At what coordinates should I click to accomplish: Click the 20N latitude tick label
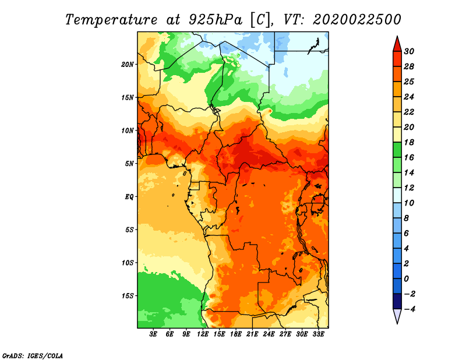click(x=127, y=65)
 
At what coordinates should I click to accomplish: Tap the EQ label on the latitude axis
click(x=129, y=197)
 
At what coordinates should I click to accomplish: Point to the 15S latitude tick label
click(x=128, y=296)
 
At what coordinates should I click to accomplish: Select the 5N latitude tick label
click(x=129, y=164)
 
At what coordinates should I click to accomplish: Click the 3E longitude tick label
click(x=153, y=334)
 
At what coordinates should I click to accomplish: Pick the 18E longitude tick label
click(x=236, y=334)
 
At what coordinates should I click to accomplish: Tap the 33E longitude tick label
click(x=318, y=334)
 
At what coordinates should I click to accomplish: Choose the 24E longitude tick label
click(x=269, y=334)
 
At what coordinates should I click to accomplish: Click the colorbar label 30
click(x=409, y=51)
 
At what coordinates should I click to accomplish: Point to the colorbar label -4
click(x=409, y=309)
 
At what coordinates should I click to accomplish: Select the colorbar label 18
click(x=409, y=142)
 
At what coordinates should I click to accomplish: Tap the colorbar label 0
click(x=406, y=279)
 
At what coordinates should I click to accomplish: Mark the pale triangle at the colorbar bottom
click(x=397, y=316)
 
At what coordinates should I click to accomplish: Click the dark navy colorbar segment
click(x=397, y=301)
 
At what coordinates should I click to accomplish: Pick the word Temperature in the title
click(x=111, y=20)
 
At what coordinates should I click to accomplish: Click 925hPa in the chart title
click(x=215, y=20)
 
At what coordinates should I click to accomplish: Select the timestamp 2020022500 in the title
click(x=357, y=20)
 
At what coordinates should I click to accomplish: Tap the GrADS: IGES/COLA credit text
click(x=33, y=356)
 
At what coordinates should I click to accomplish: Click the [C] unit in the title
click(x=260, y=20)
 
